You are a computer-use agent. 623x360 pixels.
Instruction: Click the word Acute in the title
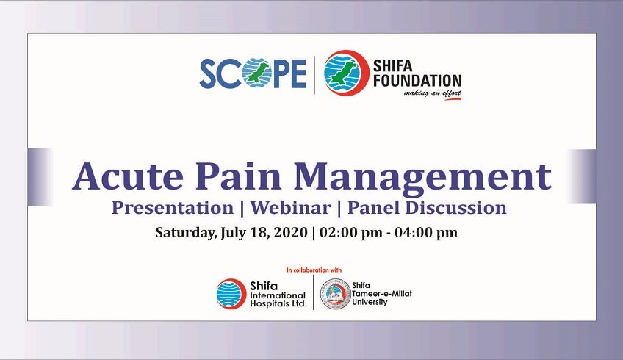[x=129, y=176]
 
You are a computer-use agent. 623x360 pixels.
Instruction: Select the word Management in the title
[x=422, y=177]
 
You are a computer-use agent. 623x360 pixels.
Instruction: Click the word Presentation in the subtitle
[x=173, y=208]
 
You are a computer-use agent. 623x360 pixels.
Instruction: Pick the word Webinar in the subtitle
[x=290, y=208]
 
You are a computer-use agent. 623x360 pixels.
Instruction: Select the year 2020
[x=291, y=232]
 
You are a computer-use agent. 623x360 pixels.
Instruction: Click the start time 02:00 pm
[x=351, y=232]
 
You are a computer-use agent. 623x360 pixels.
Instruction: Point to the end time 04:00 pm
[x=426, y=232]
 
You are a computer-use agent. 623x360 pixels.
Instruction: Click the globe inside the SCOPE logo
[x=256, y=73]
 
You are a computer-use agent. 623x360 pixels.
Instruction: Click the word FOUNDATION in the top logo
[x=417, y=81]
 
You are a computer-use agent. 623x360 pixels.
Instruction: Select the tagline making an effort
[x=432, y=94]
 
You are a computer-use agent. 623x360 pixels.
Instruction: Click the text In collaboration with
[x=314, y=270]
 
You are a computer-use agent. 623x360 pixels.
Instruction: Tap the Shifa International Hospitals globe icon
[x=231, y=294]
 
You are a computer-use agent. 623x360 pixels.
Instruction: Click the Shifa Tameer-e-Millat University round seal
[x=336, y=294]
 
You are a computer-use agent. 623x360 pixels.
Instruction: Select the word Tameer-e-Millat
[x=382, y=294]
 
